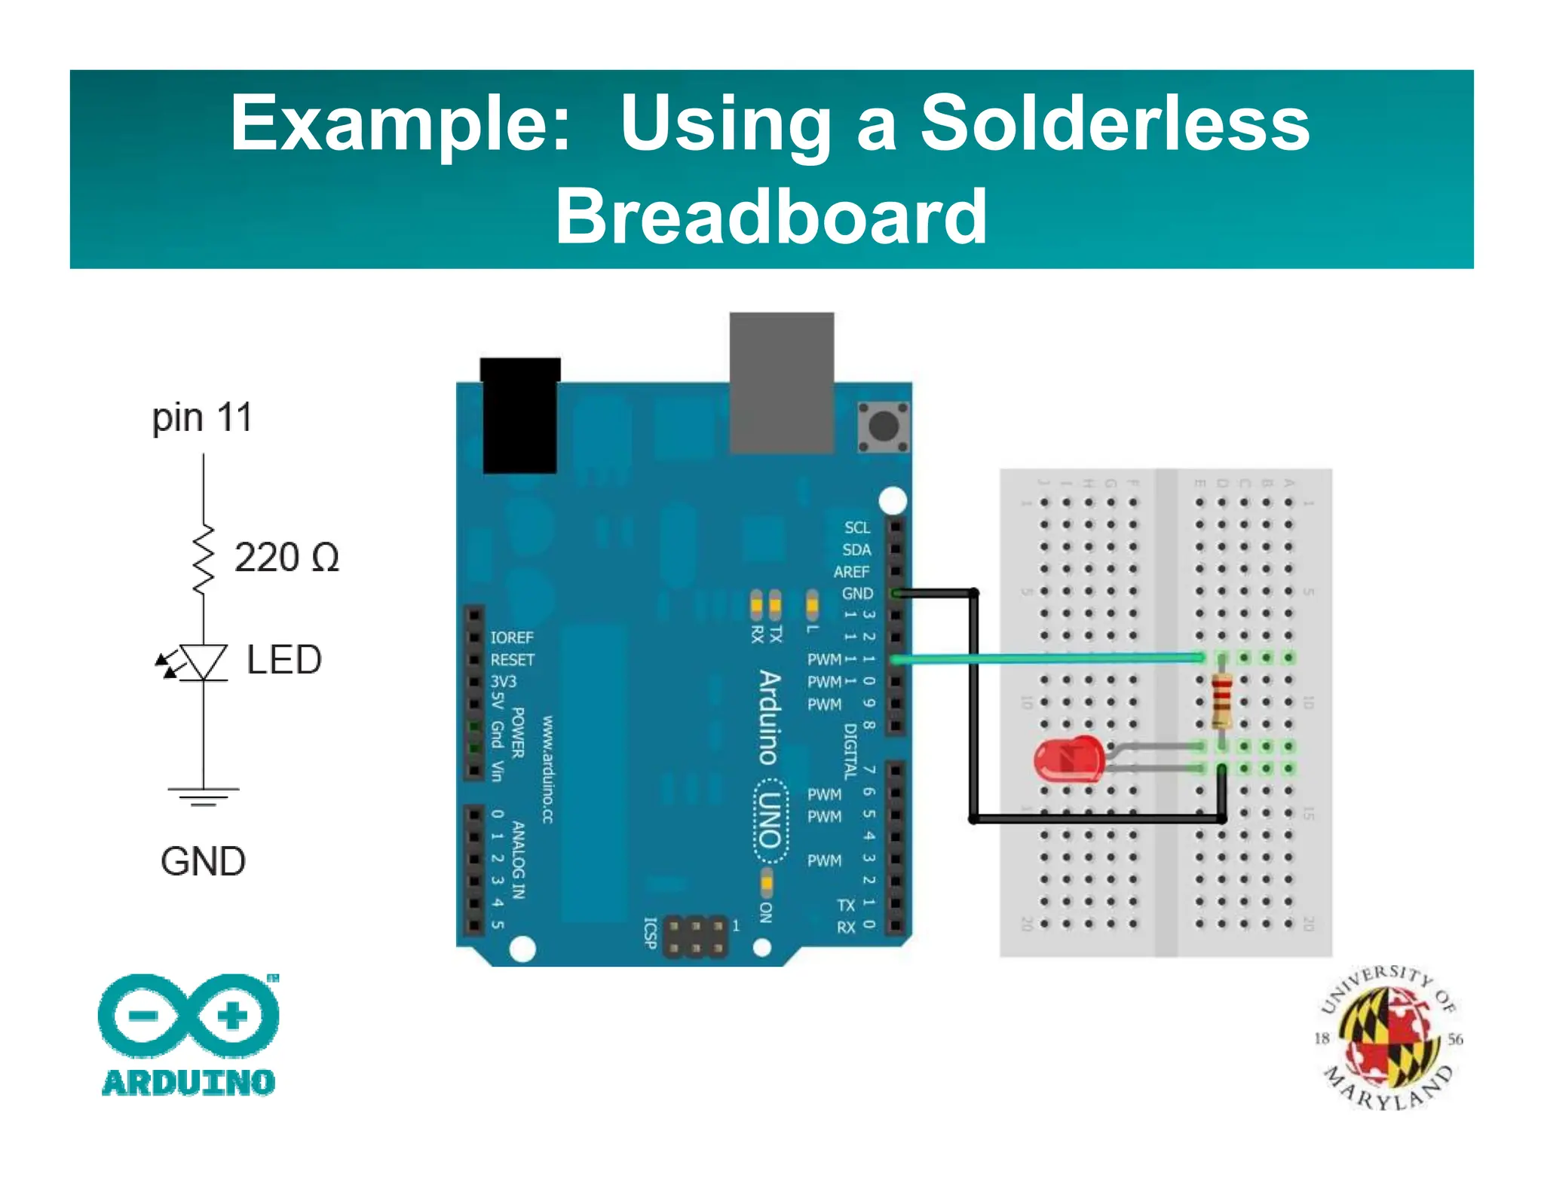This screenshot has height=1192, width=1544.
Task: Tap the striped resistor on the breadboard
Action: click(x=1221, y=700)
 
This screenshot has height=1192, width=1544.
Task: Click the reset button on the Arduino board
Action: click(x=883, y=426)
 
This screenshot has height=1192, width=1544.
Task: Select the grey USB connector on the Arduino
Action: click(x=781, y=382)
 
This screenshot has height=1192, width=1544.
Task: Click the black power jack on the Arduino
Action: click(x=519, y=416)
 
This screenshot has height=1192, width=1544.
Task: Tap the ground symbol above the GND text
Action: click(x=203, y=796)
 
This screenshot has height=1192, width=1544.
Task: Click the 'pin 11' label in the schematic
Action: click(x=201, y=417)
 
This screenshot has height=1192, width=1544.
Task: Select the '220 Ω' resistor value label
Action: click(x=286, y=558)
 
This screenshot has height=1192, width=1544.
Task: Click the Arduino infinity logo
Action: click(x=188, y=1015)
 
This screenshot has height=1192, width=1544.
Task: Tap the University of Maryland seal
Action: click(x=1388, y=1038)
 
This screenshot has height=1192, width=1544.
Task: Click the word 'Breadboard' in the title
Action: click(x=770, y=216)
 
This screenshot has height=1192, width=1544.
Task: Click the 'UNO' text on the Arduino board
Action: click(x=770, y=821)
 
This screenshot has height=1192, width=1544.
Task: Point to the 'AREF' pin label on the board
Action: click(x=851, y=572)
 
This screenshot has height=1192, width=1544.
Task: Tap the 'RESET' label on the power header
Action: click(x=512, y=660)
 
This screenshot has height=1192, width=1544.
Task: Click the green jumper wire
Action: click(x=1048, y=659)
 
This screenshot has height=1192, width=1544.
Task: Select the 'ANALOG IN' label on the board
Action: click(x=518, y=860)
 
